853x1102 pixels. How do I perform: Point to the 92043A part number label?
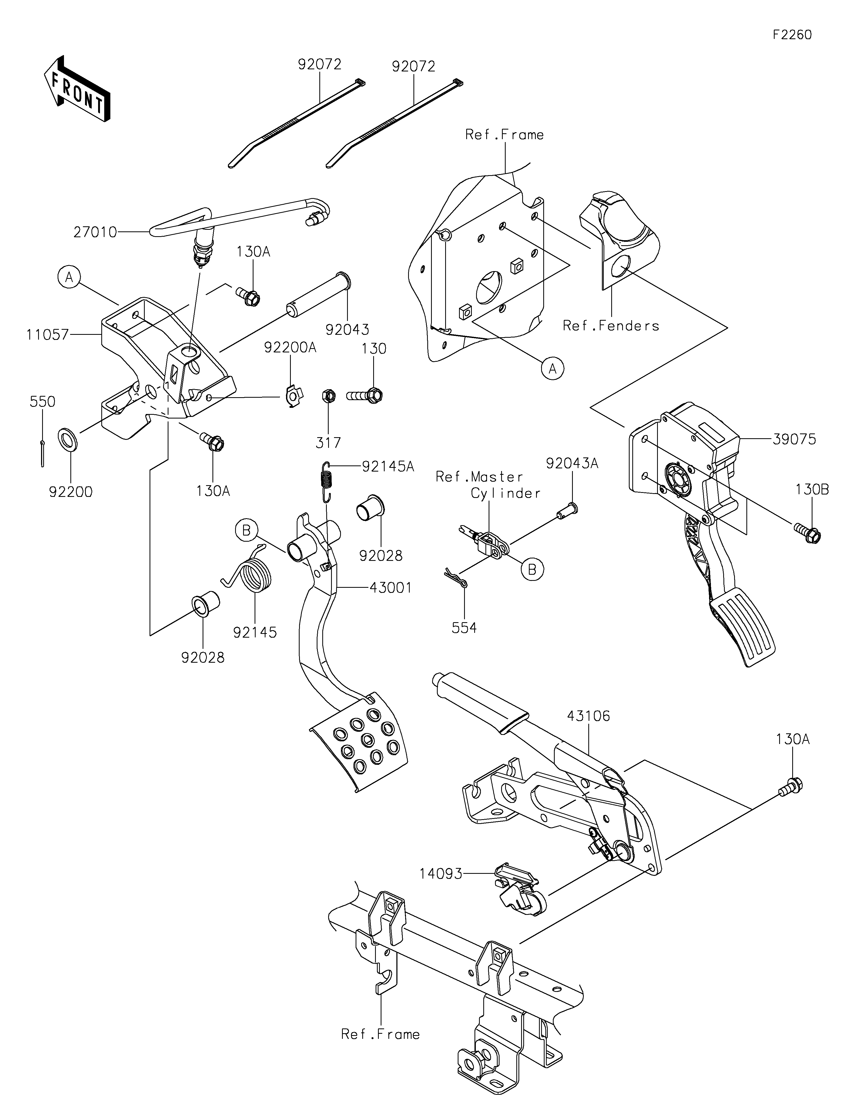[572, 463]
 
